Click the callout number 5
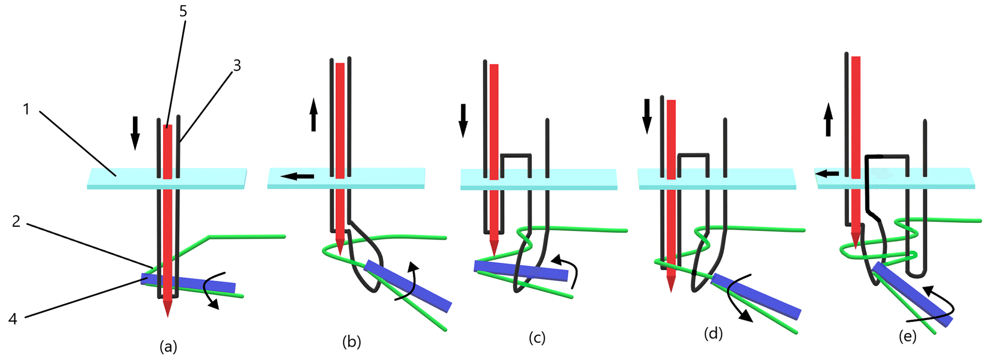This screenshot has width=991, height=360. (x=183, y=11)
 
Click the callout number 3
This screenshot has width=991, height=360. (x=236, y=66)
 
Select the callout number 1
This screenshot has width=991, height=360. (x=26, y=110)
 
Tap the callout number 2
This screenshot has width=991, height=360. (x=16, y=221)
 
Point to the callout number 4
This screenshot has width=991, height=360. (x=13, y=318)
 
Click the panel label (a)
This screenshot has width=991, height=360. (x=168, y=346)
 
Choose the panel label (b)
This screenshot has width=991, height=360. (x=352, y=341)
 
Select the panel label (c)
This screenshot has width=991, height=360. (x=537, y=337)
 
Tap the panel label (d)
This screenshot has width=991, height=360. (x=713, y=333)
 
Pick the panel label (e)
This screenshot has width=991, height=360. (x=907, y=337)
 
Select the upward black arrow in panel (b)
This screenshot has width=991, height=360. (x=314, y=115)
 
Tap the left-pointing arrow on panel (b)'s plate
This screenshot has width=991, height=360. (x=298, y=177)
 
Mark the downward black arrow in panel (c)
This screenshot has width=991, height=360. (x=463, y=120)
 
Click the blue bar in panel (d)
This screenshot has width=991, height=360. (x=756, y=296)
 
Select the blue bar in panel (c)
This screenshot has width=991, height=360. (x=521, y=270)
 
